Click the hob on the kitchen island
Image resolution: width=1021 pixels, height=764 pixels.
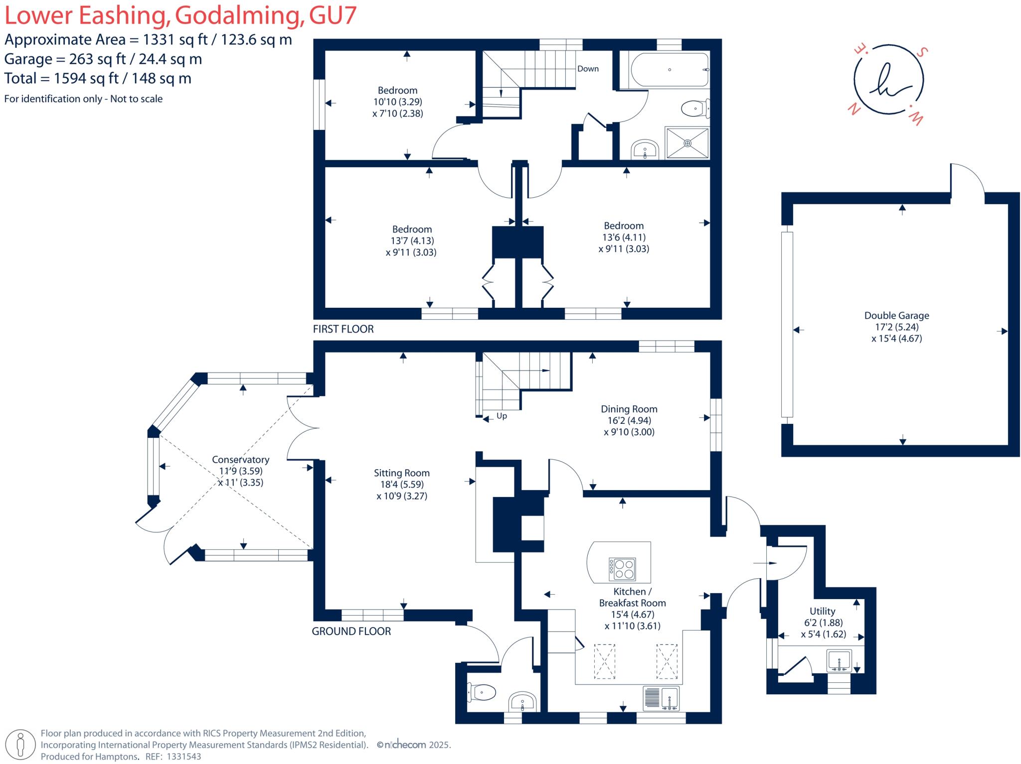(622, 569)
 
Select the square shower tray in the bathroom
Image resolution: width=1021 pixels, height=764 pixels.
(687, 143)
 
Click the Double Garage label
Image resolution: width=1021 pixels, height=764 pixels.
(896, 315)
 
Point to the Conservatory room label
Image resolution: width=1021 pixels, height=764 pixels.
(240, 460)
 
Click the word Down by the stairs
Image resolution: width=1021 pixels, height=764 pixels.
(588, 69)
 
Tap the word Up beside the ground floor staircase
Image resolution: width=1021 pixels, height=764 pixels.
(502, 416)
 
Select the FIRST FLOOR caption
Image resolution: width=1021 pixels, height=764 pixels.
(343, 329)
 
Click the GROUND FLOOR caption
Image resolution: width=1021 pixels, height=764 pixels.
(351, 632)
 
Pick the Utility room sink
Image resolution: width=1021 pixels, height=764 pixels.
(839, 661)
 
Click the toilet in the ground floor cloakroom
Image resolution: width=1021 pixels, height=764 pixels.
(482, 692)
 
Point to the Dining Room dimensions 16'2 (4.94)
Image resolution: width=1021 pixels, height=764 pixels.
(629, 420)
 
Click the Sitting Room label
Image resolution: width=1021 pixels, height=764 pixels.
(401, 473)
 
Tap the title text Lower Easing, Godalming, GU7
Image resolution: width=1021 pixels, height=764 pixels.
(180, 15)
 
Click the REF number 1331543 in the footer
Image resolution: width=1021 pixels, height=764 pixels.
(183, 757)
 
